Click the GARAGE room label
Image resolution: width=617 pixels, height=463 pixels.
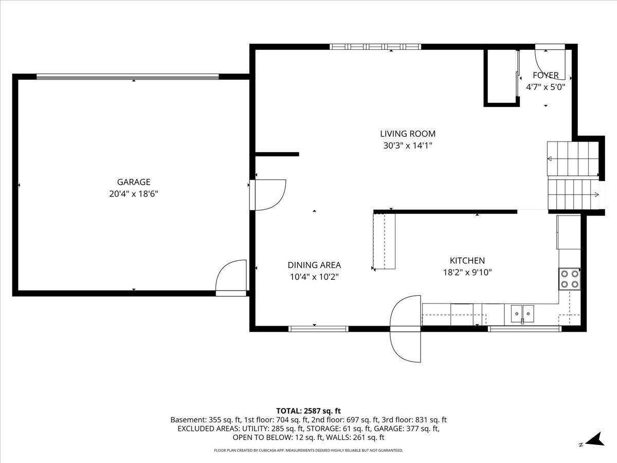(x=134, y=182)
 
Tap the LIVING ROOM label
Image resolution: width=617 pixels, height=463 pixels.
(x=408, y=134)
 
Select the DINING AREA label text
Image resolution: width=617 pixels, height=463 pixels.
(x=314, y=265)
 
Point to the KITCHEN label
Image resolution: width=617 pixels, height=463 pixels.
(x=467, y=261)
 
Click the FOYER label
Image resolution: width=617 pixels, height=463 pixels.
(x=546, y=75)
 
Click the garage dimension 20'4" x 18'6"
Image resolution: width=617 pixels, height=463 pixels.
(x=134, y=194)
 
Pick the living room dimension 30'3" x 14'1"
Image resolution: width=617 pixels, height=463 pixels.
(x=408, y=146)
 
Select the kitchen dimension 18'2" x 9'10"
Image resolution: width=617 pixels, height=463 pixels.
(x=467, y=272)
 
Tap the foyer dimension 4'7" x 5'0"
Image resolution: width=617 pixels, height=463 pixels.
(x=546, y=87)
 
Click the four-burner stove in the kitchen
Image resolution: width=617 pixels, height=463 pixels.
(x=570, y=279)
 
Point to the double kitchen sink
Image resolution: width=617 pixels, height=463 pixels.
(x=522, y=314)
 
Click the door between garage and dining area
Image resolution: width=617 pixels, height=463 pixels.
(x=268, y=195)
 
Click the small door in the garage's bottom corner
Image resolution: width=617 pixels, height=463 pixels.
(x=231, y=278)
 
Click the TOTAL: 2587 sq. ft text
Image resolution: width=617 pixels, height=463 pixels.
(x=308, y=411)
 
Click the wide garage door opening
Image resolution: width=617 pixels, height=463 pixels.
(x=128, y=77)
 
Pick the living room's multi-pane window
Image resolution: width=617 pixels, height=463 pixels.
(x=375, y=47)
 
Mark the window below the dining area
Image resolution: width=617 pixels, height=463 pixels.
(x=318, y=329)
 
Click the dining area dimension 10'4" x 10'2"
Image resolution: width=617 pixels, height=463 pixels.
(x=314, y=277)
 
